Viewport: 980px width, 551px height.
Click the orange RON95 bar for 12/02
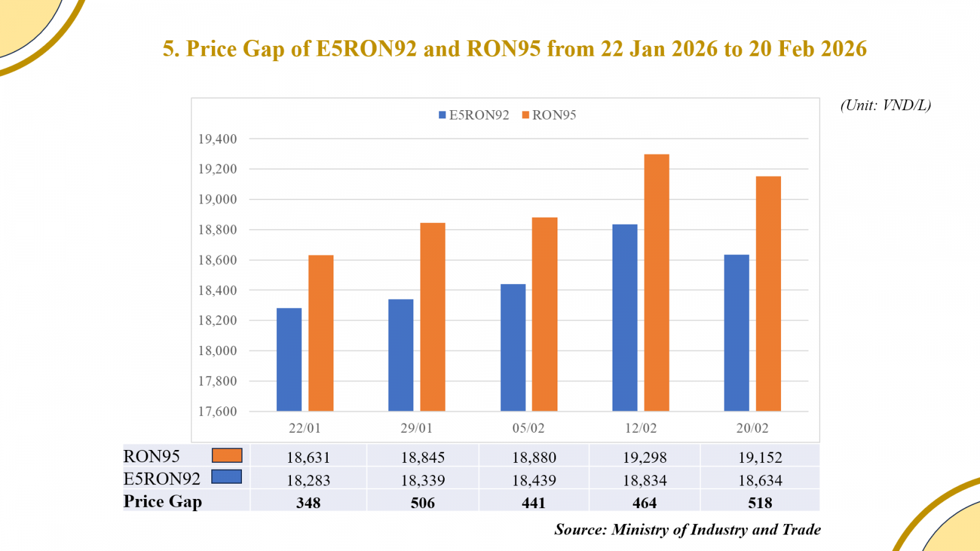tap(657, 282)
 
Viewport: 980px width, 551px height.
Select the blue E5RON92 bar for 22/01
tap(289, 359)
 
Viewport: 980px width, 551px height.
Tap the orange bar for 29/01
tap(432, 317)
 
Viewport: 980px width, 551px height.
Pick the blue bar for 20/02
tap(736, 332)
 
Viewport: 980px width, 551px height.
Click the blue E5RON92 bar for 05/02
tap(513, 347)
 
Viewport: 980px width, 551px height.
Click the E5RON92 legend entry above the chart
tap(473, 115)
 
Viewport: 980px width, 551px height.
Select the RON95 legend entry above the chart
tap(549, 115)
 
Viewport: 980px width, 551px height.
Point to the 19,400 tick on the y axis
tap(217, 139)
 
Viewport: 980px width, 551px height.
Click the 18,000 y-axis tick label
tap(217, 351)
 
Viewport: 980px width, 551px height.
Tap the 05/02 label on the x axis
tap(528, 428)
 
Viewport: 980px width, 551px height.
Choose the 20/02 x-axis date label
tap(752, 428)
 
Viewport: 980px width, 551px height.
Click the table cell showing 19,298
tap(644, 457)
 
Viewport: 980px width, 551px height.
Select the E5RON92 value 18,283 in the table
tap(308, 480)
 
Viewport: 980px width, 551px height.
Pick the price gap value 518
tap(760, 503)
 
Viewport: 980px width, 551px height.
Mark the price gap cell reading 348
tap(308, 503)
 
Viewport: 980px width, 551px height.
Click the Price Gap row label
tap(162, 501)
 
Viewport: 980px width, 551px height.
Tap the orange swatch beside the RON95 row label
tap(227, 455)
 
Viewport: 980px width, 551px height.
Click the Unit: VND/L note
tap(885, 105)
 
